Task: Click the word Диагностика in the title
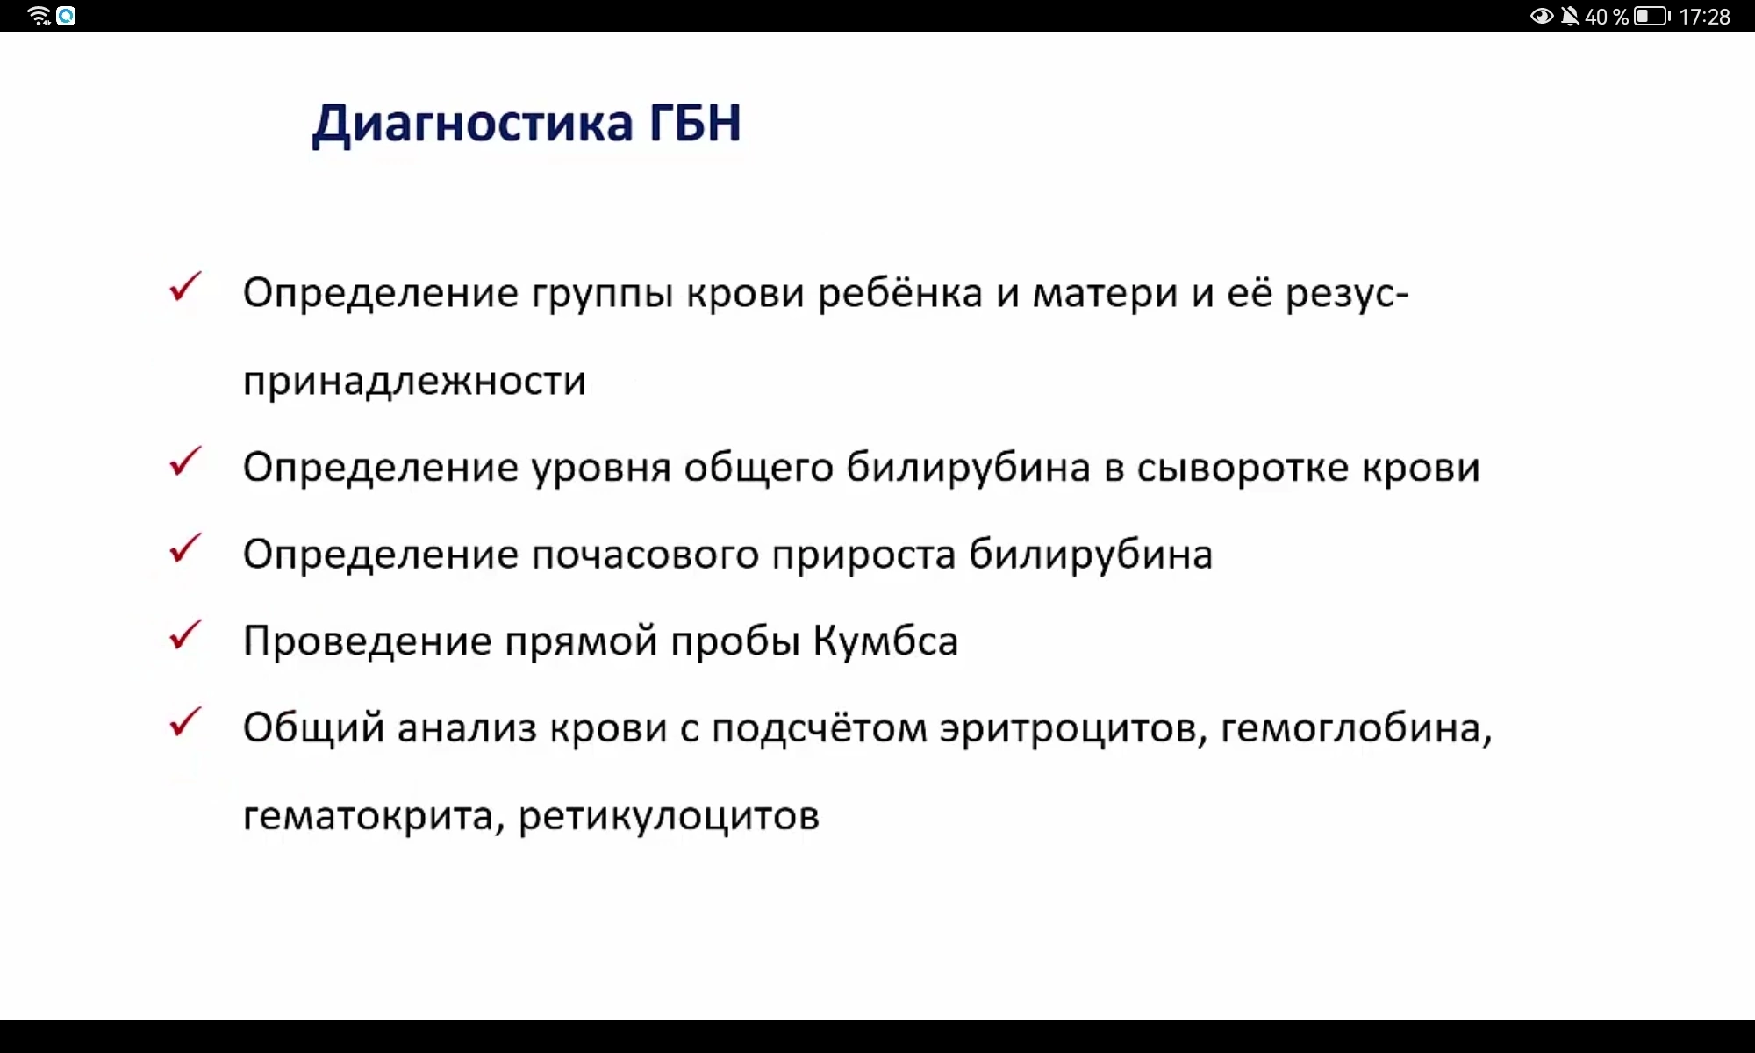click(472, 124)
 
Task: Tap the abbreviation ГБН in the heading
click(695, 122)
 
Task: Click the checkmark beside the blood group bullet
click(185, 287)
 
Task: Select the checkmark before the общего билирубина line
click(185, 462)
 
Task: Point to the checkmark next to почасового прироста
click(185, 548)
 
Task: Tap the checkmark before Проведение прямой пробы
click(185, 635)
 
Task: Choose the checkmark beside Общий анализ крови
click(185, 722)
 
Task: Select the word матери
click(1105, 294)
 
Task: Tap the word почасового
click(645, 555)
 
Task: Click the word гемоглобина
click(1357, 728)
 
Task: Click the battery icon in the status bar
click(1652, 16)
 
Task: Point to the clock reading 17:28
click(1704, 17)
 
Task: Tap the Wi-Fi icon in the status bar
click(39, 16)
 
